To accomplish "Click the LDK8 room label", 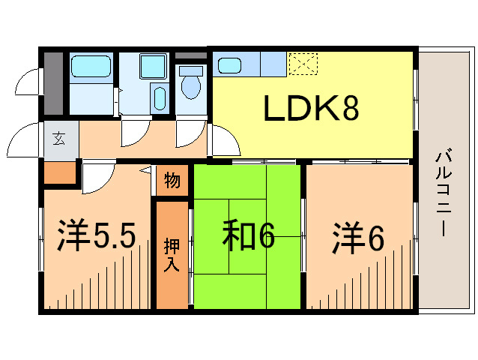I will tap(310, 109).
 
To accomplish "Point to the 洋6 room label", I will tap(358, 238).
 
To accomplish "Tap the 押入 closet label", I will tap(172, 255).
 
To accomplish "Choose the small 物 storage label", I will tap(172, 181).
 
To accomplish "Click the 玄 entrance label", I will tap(58, 138).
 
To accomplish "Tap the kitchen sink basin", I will tap(229, 65).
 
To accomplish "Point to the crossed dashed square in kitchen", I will tap(303, 64).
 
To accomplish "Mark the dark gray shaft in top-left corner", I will tap(52, 82).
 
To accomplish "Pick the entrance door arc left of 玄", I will tap(26, 139).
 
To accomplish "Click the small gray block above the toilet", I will tap(191, 55).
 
